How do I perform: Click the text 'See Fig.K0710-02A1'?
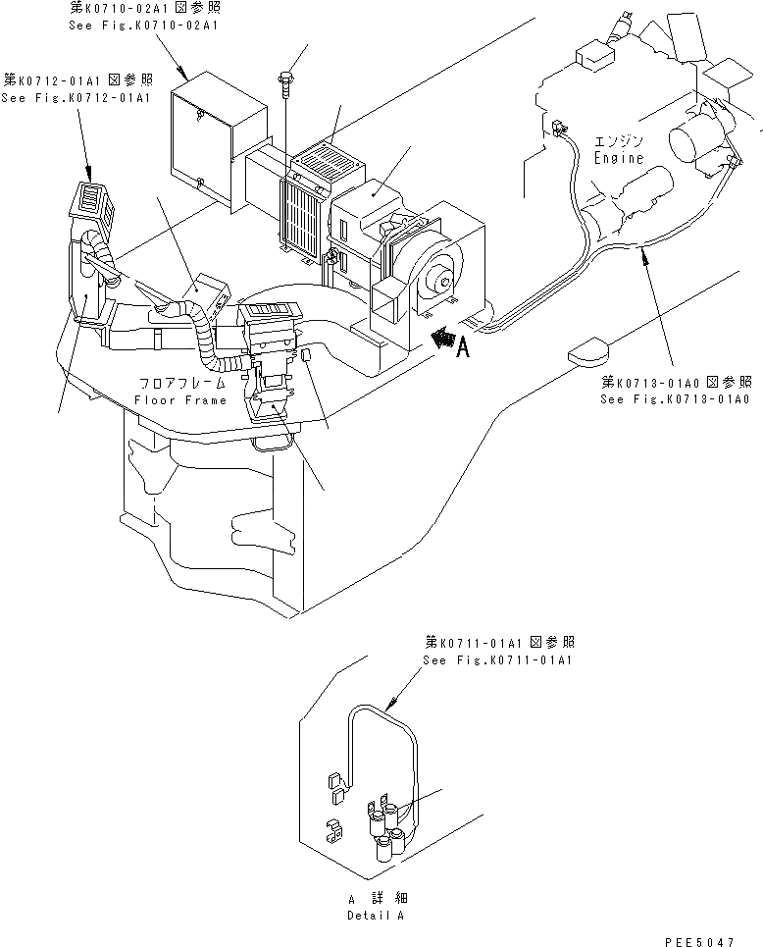pos(143,25)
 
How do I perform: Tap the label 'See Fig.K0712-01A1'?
pos(76,98)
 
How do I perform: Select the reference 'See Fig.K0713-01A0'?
pos(676,399)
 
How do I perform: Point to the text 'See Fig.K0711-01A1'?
pos(497,659)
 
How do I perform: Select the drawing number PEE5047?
pos(699,939)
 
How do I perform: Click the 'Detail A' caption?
pos(375,915)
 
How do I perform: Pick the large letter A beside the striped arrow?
pos(463,347)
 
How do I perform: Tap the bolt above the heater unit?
pos(285,79)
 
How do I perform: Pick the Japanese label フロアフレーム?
pos(180,384)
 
